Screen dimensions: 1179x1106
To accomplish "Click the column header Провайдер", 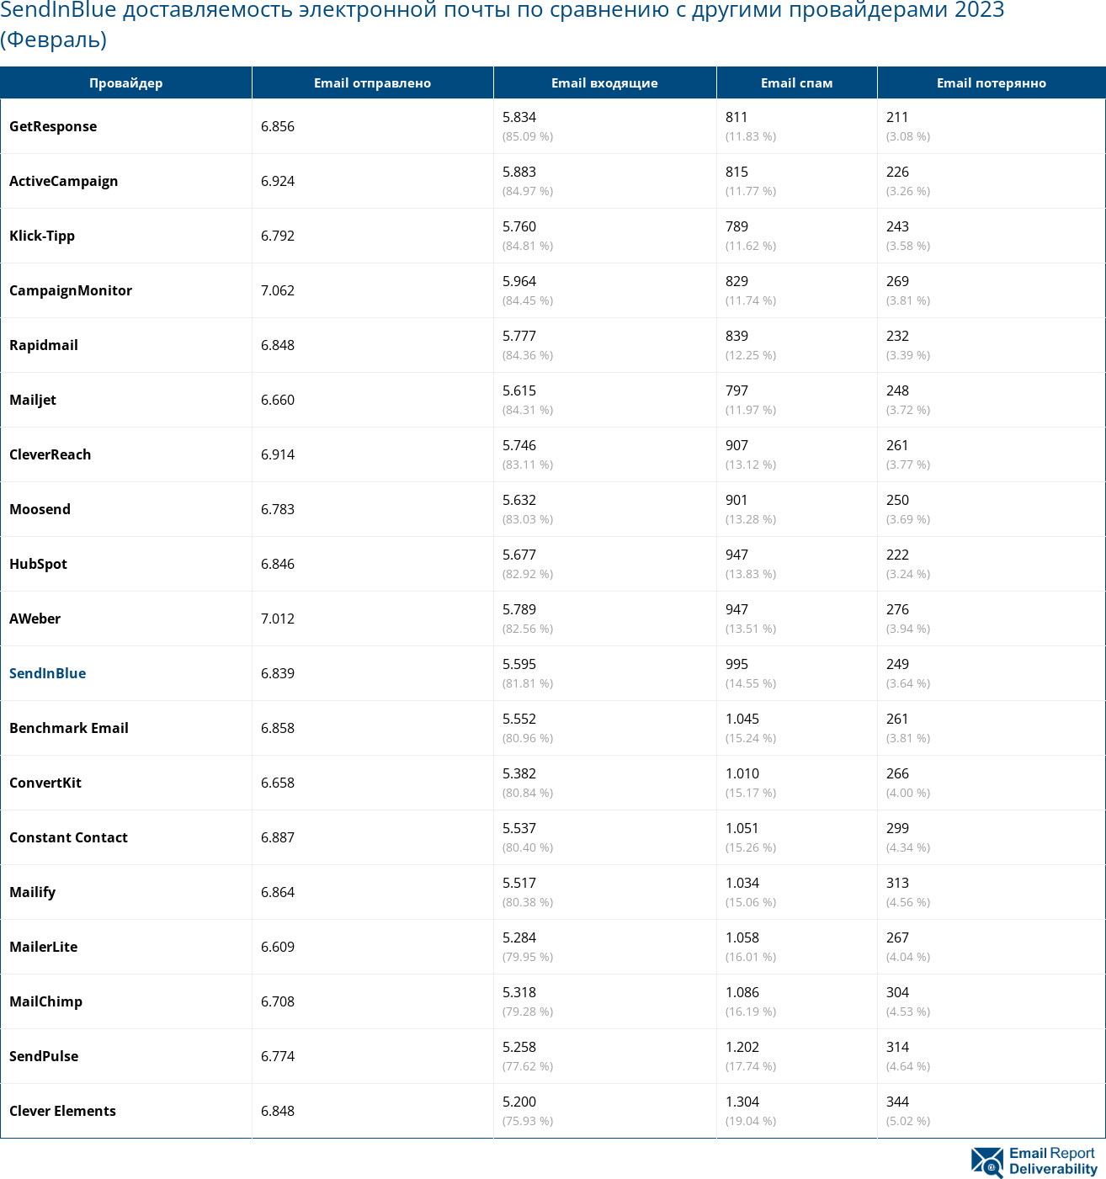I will coord(125,83).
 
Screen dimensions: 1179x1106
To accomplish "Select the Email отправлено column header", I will coord(372,83).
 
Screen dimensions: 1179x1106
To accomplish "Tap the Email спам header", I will coord(796,83).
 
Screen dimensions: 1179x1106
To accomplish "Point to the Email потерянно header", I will coord(991,83).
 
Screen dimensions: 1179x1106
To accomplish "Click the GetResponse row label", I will coord(53,126).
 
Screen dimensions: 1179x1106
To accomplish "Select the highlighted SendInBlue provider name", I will coord(47,673).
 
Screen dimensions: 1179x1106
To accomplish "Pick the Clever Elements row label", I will coord(62,1111).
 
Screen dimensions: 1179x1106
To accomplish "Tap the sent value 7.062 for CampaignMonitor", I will coord(278,290).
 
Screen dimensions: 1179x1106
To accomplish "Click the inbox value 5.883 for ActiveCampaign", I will coord(519,172).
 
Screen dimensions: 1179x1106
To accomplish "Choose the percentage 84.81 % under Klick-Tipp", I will coord(528,246).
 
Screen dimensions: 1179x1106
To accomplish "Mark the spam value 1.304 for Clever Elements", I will coord(742,1102).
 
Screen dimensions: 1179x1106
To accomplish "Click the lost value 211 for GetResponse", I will coord(897,117).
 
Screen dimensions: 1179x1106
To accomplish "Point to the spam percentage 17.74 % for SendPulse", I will coord(751,1066).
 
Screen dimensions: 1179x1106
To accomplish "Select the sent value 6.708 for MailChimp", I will coord(278,1001).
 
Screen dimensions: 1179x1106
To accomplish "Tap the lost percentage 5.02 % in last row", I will coord(908,1121).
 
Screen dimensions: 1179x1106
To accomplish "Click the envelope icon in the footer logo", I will coord(987,1161).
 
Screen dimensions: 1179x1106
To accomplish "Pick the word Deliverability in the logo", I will coord(1053,1169).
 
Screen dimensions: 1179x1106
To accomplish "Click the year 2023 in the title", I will coord(979,11).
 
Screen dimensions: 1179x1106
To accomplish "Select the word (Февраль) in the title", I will coord(53,40).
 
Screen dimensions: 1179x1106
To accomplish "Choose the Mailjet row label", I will coord(33,400).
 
